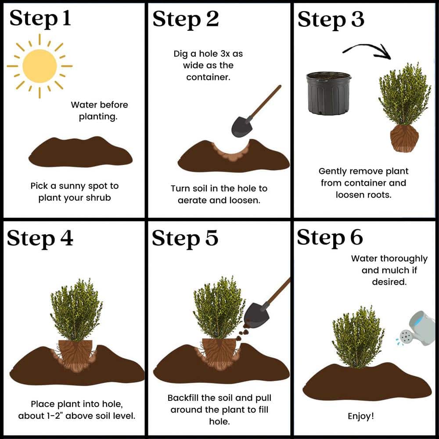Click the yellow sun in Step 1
40,66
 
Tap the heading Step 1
40,19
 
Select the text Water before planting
99,111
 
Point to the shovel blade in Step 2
241,126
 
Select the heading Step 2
186,19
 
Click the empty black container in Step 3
329,94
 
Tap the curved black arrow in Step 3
367,49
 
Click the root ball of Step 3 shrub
404,138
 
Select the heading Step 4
40,239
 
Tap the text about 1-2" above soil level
76,415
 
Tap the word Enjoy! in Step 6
360,415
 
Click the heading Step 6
330,237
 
